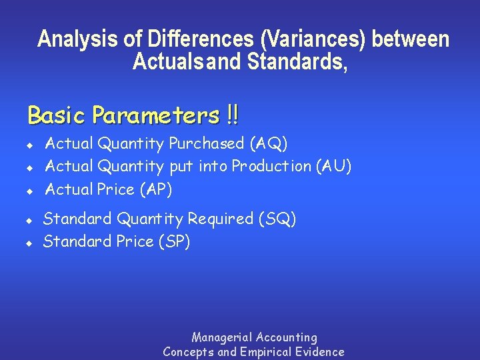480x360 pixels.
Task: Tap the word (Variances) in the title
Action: coord(313,39)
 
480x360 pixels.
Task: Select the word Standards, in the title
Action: coord(297,62)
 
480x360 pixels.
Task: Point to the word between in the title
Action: coord(411,39)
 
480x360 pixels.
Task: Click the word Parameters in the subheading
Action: coord(155,116)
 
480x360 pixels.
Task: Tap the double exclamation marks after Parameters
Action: coord(232,115)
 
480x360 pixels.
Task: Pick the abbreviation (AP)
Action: coord(155,189)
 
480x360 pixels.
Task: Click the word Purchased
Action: coord(207,143)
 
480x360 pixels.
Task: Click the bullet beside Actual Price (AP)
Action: coord(29,191)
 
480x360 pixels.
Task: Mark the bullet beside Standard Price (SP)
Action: coord(29,243)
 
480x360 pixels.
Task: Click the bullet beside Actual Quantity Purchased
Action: coord(29,145)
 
